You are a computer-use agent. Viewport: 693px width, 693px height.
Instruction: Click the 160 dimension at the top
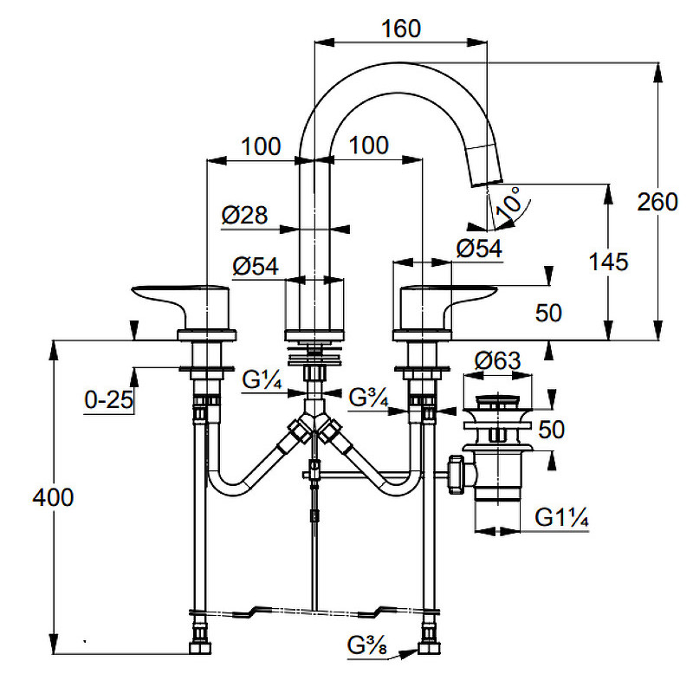pos(401,29)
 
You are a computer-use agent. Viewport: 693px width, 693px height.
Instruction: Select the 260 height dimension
pos(657,202)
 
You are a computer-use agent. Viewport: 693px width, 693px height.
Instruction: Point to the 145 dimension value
pos(608,262)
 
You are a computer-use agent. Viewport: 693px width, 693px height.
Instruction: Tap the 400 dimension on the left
pos(53,497)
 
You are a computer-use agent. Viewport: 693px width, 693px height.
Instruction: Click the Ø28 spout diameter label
pos(244,215)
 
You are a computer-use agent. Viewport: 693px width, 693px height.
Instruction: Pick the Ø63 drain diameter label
pos(497,360)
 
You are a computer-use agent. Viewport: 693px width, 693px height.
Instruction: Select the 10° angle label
pos(508,203)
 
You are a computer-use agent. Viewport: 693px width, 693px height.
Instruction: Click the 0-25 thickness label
pos(109,400)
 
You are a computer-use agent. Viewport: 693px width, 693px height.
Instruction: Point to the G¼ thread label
pos(262,379)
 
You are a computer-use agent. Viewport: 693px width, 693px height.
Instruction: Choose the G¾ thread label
pos(368,398)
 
